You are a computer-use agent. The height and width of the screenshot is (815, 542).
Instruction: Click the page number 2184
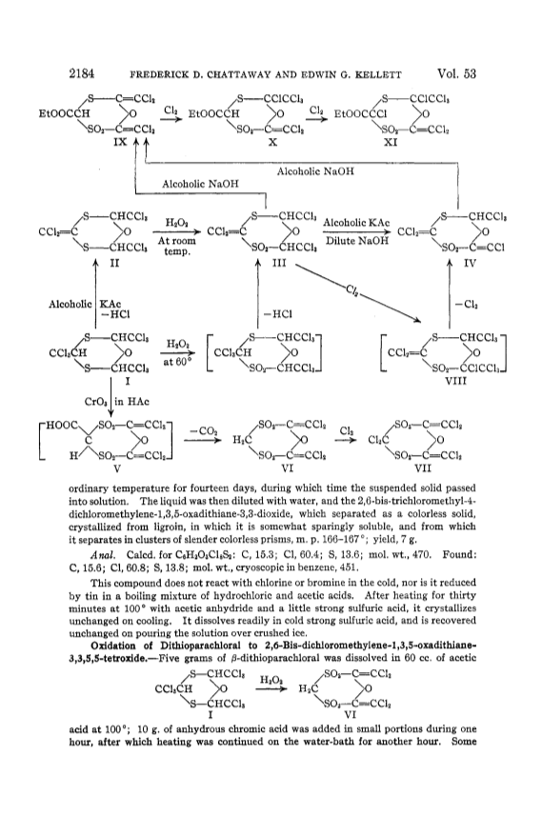tap(82, 73)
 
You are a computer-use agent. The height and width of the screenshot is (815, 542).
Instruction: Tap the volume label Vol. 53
tap(456, 73)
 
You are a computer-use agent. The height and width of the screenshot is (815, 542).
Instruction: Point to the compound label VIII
tap(456, 381)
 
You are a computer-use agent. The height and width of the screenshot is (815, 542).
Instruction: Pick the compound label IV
tap(470, 264)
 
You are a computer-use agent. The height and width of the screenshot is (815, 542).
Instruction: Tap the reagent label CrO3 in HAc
tap(116, 401)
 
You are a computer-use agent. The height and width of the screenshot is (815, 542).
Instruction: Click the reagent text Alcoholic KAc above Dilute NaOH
tap(356, 223)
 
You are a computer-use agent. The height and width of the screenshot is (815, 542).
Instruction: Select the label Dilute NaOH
tap(357, 241)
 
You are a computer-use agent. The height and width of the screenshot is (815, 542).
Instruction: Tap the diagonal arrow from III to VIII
tap(358, 292)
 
